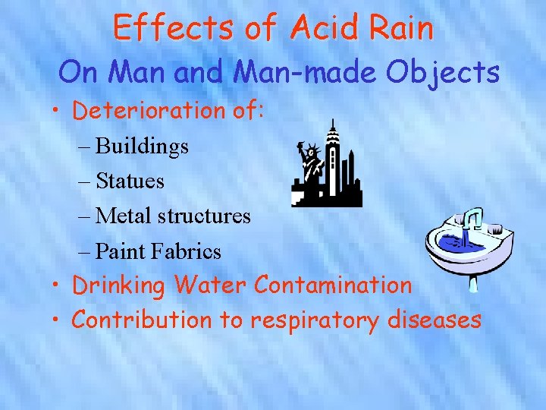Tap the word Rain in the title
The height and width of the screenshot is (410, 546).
pos(402,29)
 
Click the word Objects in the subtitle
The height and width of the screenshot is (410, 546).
pos(442,73)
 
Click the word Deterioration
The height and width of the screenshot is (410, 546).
pos(148,111)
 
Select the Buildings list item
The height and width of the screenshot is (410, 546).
pos(142,146)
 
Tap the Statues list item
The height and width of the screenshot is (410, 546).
pos(130,181)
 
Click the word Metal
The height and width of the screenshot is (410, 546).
pos(124,216)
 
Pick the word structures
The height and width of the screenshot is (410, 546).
pos(204,216)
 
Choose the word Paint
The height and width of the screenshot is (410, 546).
pos(120,251)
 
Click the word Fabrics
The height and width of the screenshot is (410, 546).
pos(186,251)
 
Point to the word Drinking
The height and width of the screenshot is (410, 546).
pos(118,285)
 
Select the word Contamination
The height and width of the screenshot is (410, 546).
pos(334,285)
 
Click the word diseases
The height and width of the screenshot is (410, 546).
pos(434,320)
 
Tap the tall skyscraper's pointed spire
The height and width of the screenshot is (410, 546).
pos(331,125)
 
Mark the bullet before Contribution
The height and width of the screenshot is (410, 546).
pos(57,320)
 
